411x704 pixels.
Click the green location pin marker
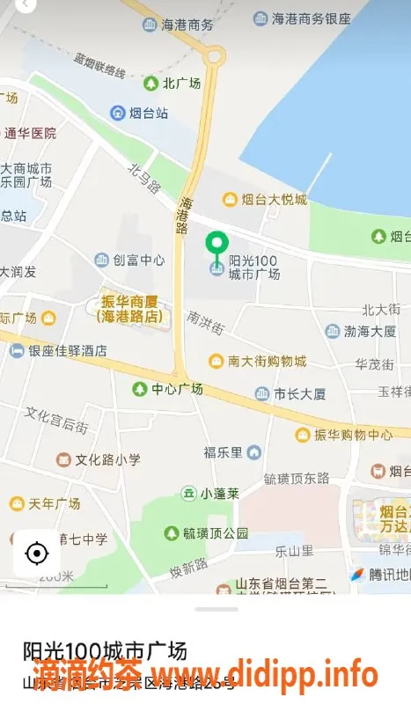217,244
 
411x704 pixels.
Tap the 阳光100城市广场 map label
253,268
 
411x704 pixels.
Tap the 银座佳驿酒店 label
68,350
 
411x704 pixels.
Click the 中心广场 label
176,388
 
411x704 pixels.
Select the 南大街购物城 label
267,361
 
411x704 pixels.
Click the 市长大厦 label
299,393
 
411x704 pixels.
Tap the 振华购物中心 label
353,435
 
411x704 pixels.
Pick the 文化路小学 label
107,459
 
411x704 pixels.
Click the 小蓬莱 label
219,494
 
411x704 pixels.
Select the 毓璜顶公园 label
216,532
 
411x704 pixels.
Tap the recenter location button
37,554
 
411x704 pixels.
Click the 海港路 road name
183,214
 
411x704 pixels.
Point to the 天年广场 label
54,503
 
